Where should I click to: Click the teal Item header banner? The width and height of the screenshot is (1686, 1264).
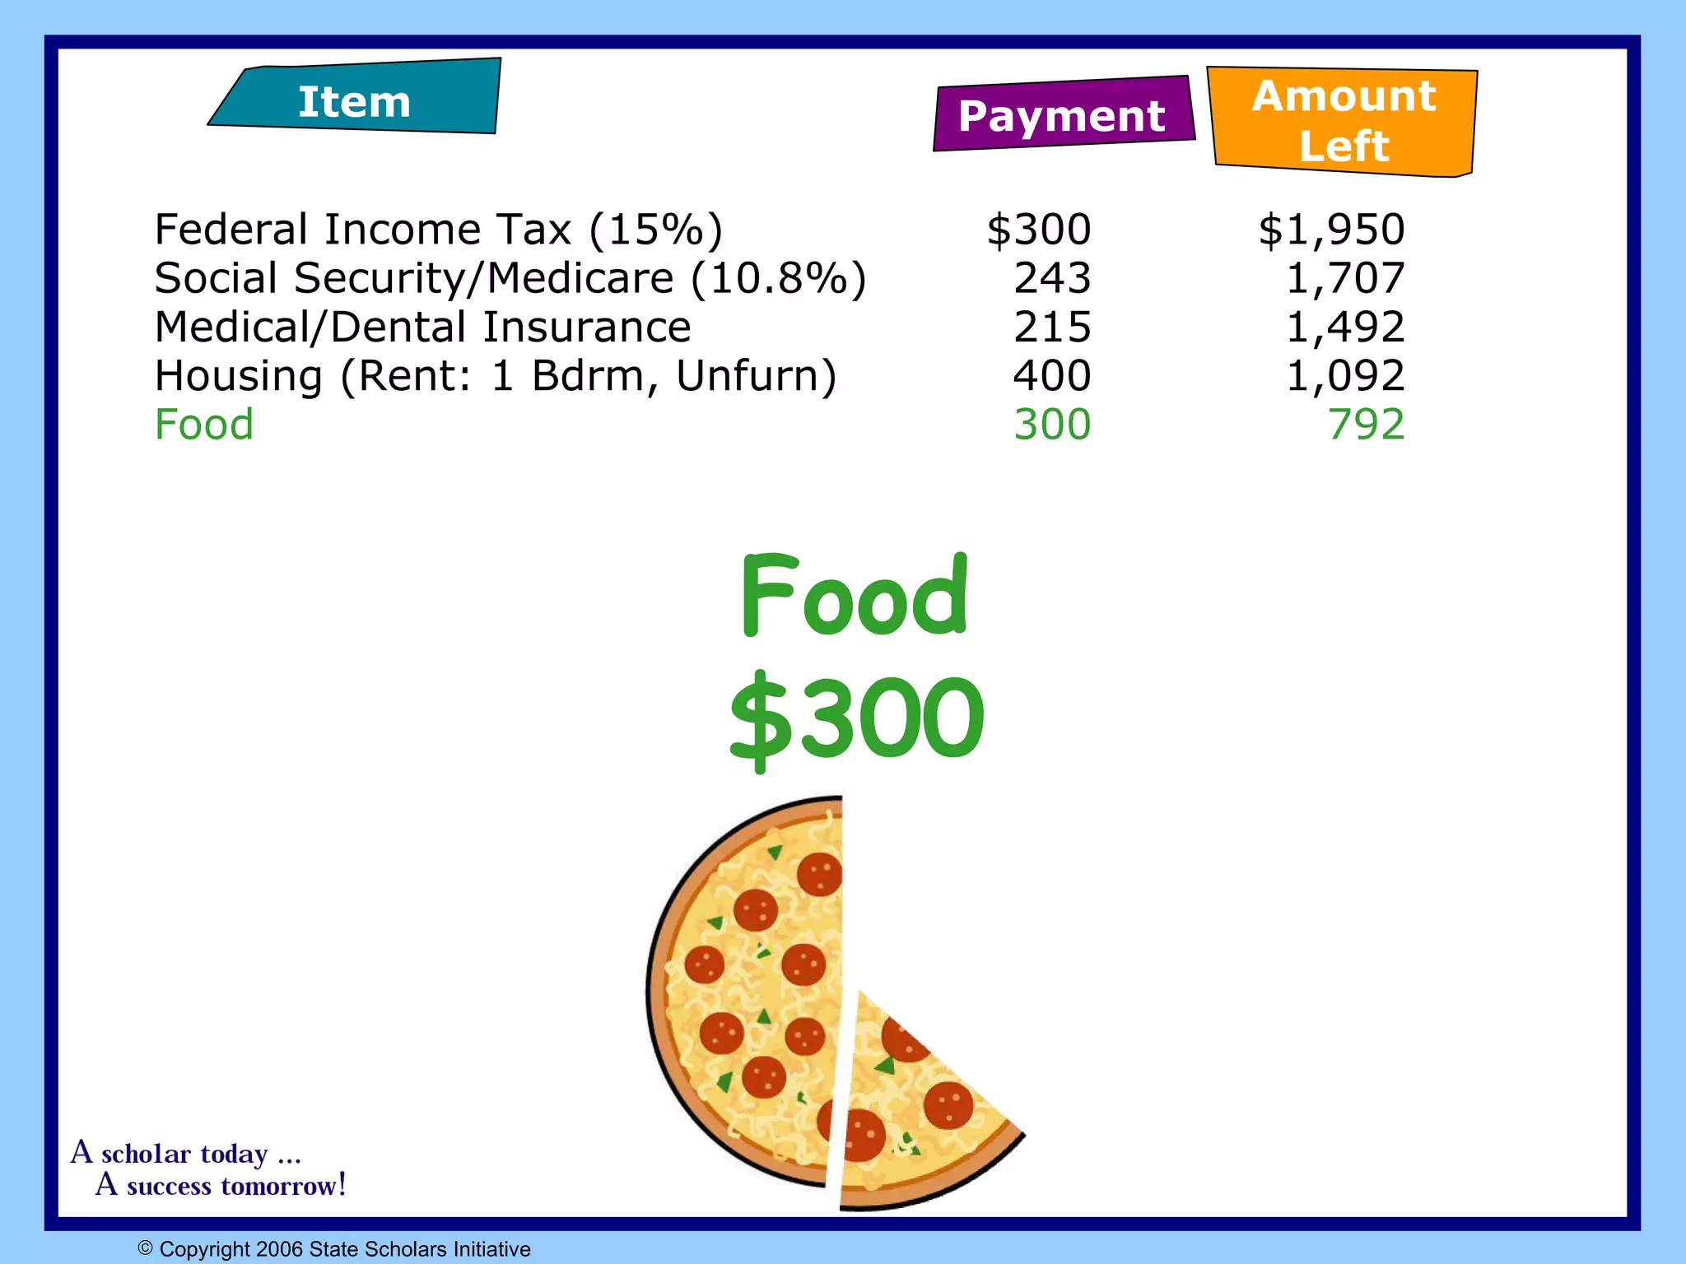(x=355, y=100)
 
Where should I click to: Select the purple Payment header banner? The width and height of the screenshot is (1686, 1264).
(x=1062, y=115)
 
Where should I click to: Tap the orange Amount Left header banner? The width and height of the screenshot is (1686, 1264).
(x=1344, y=122)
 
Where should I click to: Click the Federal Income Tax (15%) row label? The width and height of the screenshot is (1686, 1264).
(x=439, y=229)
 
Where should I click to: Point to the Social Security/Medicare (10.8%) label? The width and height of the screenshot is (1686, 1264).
(x=510, y=278)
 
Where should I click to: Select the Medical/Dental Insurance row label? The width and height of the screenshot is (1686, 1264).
(x=423, y=327)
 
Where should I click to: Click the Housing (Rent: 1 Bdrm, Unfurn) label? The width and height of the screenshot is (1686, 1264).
(x=496, y=376)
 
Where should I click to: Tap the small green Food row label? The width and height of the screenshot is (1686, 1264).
(x=204, y=425)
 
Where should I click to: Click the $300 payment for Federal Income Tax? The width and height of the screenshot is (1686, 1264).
(x=1039, y=229)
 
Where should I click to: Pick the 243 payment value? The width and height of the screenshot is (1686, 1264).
(x=1052, y=278)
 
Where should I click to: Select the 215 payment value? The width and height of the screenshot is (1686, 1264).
(x=1052, y=327)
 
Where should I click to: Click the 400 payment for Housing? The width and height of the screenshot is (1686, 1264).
(x=1052, y=376)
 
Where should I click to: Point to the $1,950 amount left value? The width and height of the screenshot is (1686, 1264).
(x=1331, y=229)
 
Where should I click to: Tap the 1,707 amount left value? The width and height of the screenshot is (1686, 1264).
(x=1345, y=278)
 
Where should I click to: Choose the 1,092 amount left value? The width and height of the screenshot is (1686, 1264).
(x=1345, y=376)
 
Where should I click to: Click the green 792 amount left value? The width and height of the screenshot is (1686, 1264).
(x=1366, y=425)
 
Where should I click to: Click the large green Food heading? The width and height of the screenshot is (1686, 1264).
(x=855, y=597)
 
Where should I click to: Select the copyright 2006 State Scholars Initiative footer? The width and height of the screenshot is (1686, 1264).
(x=334, y=1249)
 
